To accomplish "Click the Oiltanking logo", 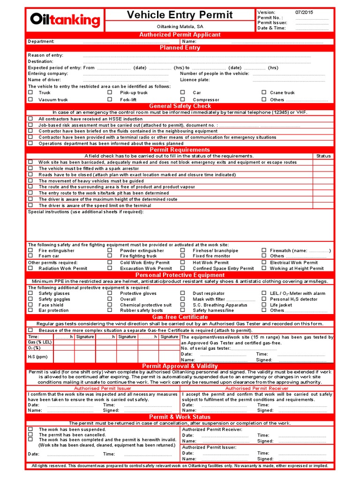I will [65, 20].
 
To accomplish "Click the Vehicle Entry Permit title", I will [180, 15].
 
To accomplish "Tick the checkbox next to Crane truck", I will [264, 93].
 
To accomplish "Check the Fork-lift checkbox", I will [110, 99].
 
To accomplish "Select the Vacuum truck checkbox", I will [30, 99].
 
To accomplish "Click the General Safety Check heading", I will [180, 106].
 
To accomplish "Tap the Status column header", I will [323, 156].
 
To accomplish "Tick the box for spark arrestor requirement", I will [30, 168].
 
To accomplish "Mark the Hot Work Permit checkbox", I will [183, 263].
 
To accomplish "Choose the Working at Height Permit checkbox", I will [264, 269].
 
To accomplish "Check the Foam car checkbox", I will [30, 256].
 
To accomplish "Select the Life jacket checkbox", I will [264, 305].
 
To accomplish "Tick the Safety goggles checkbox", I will [30, 299].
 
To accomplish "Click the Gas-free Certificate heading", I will [180, 317].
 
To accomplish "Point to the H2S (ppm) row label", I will [37, 357].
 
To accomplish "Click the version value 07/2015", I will [305, 12].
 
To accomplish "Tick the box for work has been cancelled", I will [30, 435].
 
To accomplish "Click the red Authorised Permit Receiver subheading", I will [257, 389].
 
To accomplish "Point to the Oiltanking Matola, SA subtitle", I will [180, 27].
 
